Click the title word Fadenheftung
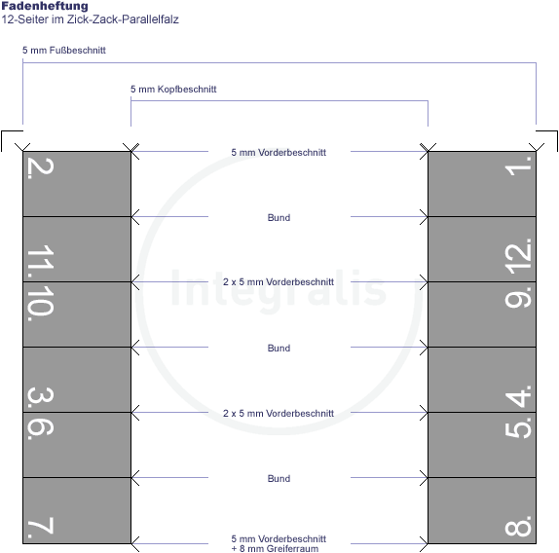[45, 6]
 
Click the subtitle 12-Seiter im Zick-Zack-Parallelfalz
[90, 19]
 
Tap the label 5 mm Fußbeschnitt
[64, 51]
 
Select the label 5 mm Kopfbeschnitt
[173, 89]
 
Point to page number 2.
[41, 168]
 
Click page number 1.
[518, 166]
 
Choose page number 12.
[518, 256]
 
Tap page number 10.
[41, 303]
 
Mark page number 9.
[518, 297]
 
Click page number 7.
[41, 528]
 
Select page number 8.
[518, 526]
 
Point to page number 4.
[518, 396]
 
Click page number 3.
[41, 399]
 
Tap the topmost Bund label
[279, 218]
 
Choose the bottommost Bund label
[279, 479]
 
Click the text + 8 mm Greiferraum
[275, 548]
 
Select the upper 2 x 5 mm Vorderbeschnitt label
[279, 282]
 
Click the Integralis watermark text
[279, 288]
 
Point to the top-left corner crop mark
[2, 131]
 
